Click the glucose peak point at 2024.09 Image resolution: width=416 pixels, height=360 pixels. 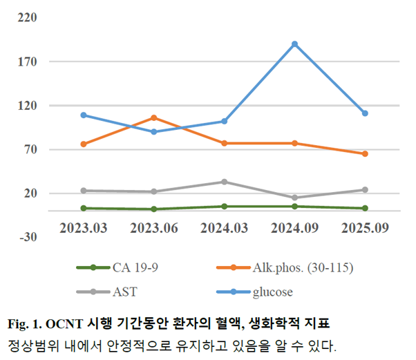[x=294, y=44]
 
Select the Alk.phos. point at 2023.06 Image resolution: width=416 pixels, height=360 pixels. [x=153, y=117]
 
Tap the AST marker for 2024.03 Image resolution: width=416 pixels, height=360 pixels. [x=224, y=182]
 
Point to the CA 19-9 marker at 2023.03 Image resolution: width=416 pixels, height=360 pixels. [x=83, y=208]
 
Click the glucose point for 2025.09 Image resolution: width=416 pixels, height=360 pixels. [x=365, y=113]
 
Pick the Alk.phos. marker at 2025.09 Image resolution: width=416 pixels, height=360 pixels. [x=365, y=153]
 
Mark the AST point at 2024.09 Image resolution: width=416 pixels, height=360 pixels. [x=294, y=198]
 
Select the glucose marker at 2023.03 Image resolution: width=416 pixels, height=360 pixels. [x=83, y=115]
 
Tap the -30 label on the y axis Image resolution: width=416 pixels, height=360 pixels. [x=27, y=238]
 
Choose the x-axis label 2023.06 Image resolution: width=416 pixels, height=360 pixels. [x=153, y=227]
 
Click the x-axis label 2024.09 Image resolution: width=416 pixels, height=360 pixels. [x=294, y=227]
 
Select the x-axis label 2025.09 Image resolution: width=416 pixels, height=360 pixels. [x=365, y=227]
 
